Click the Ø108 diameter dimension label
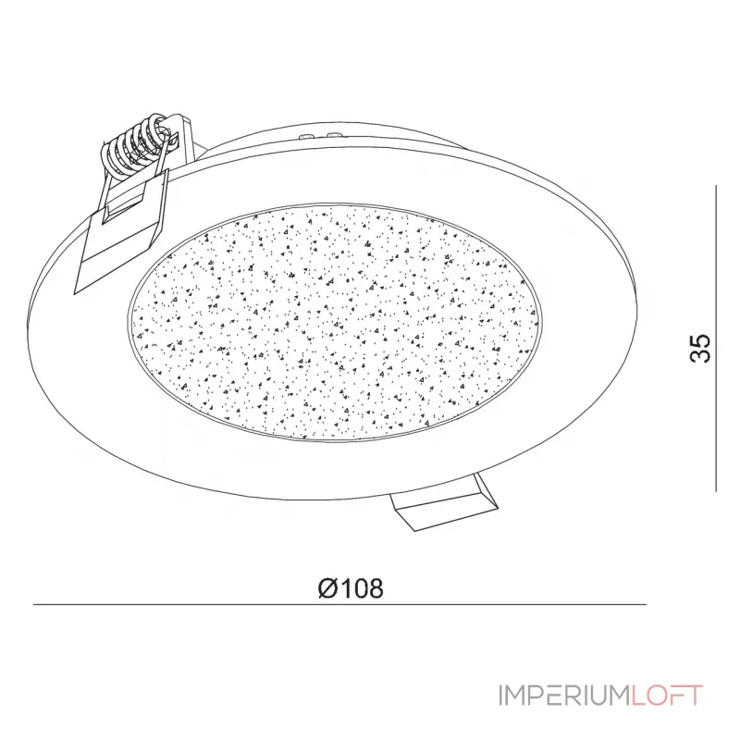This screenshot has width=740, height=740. click(x=349, y=588)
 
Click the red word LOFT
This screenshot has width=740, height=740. click(x=667, y=696)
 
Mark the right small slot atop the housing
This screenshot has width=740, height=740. click(x=331, y=135)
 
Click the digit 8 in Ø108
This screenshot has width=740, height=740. click(x=375, y=588)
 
